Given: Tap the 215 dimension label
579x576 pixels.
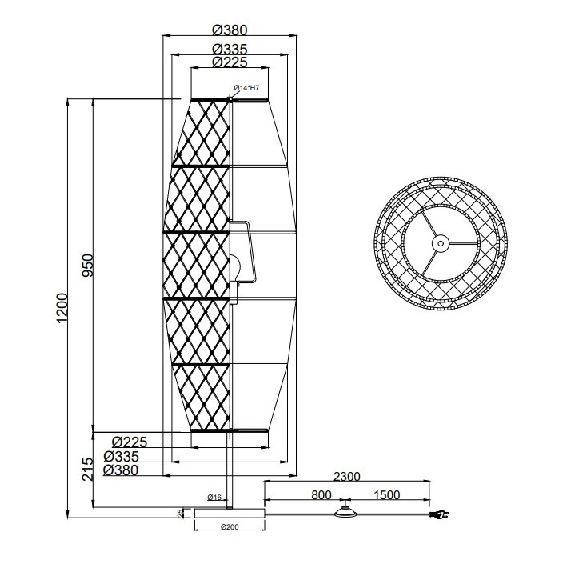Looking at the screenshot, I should click(x=88, y=468).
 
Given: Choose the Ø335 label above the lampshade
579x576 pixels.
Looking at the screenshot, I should click(x=230, y=50).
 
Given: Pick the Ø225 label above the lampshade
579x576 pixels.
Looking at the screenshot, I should click(x=230, y=62).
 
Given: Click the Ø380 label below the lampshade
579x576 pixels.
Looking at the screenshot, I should click(x=130, y=470).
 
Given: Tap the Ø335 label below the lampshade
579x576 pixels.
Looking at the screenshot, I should click(x=130, y=456).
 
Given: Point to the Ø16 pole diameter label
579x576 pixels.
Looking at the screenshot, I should click(x=214, y=498).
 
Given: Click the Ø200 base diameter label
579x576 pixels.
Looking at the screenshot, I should click(x=230, y=526).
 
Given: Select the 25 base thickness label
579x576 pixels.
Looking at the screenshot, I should click(x=180, y=513).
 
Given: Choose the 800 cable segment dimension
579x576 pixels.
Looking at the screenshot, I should click(x=321, y=495).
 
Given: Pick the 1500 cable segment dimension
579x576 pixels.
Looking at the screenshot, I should click(x=386, y=495).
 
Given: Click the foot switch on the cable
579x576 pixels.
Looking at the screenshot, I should click(x=345, y=514).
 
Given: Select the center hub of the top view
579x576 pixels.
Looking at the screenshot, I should click(x=439, y=242).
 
